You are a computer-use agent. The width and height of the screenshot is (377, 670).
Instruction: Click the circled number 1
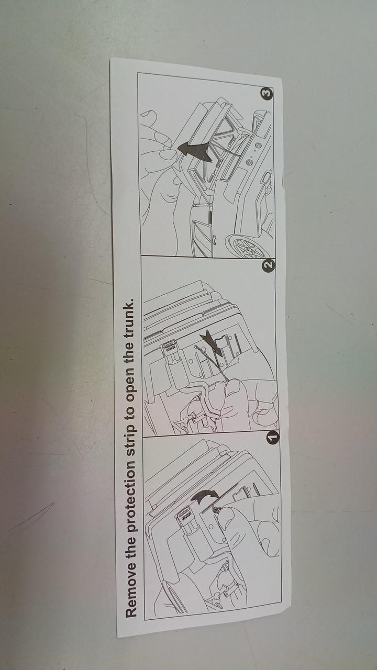(x=273, y=437)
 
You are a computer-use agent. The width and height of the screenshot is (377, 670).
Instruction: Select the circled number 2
(x=269, y=265)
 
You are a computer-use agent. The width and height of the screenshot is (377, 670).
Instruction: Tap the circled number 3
(x=267, y=93)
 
